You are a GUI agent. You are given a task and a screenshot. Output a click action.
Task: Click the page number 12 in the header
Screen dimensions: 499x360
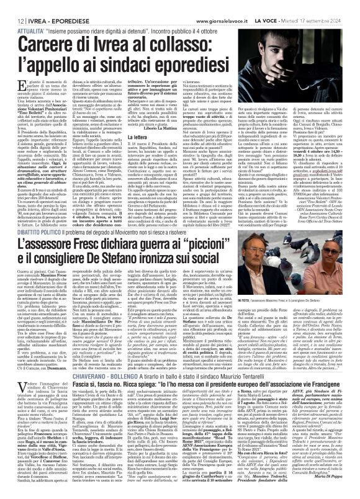tap(12, 6)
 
